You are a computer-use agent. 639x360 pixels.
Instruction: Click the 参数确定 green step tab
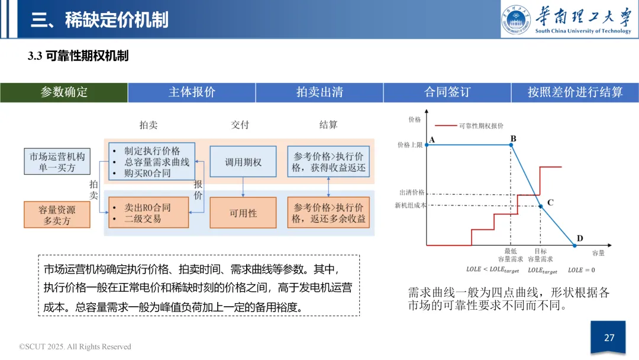pyautogui.click(x=64, y=92)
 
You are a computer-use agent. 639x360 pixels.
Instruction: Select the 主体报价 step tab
pyautogui.click(x=192, y=92)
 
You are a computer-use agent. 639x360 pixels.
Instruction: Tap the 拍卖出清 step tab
pyautogui.click(x=319, y=92)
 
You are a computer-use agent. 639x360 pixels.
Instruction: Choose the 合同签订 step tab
pyautogui.click(x=447, y=92)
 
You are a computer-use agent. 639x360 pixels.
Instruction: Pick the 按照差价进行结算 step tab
pyautogui.click(x=575, y=92)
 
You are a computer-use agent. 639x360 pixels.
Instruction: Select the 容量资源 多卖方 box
pyautogui.click(x=57, y=215)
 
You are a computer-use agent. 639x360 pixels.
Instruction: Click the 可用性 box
pyautogui.click(x=243, y=213)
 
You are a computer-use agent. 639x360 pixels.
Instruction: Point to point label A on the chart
pyautogui.click(x=431, y=140)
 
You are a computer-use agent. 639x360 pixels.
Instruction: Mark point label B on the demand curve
pyautogui.click(x=513, y=139)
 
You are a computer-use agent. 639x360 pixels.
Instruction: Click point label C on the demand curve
pyautogui.click(x=550, y=202)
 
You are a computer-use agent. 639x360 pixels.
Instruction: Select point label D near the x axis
pyautogui.click(x=580, y=239)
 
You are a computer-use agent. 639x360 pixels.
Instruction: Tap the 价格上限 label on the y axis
pyautogui.click(x=410, y=144)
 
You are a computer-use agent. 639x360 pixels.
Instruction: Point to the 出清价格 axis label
pyautogui.click(x=412, y=193)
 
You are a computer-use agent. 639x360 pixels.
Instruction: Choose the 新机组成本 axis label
pyautogui.click(x=410, y=205)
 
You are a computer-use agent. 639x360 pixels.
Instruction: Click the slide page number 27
pyautogui.click(x=609, y=338)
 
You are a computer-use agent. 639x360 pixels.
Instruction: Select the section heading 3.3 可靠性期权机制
pyautogui.click(x=78, y=56)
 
